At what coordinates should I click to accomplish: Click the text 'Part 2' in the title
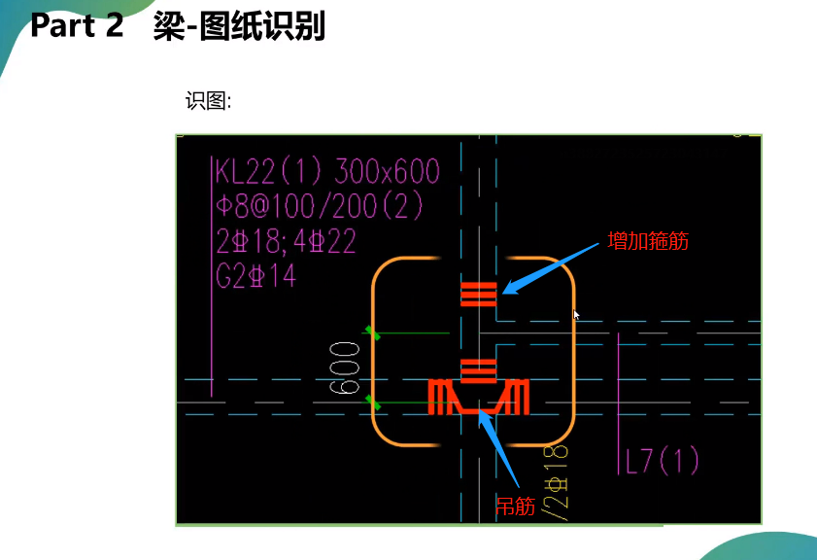click(x=77, y=26)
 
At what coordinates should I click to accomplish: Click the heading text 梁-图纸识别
click(x=239, y=26)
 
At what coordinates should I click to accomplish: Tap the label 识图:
click(x=208, y=101)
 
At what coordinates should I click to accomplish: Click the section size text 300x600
click(x=387, y=172)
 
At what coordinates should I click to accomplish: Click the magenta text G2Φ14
click(x=255, y=277)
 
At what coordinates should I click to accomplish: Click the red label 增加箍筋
click(x=648, y=241)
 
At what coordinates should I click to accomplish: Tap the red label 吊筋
click(x=515, y=506)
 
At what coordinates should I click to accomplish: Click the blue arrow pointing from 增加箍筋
click(x=553, y=266)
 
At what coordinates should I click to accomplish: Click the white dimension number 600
click(x=345, y=367)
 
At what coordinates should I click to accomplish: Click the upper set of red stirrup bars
click(x=479, y=293)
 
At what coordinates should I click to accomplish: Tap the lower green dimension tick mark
click(x=372, y=401)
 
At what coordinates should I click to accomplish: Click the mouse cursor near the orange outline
click(x=577, y=315)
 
